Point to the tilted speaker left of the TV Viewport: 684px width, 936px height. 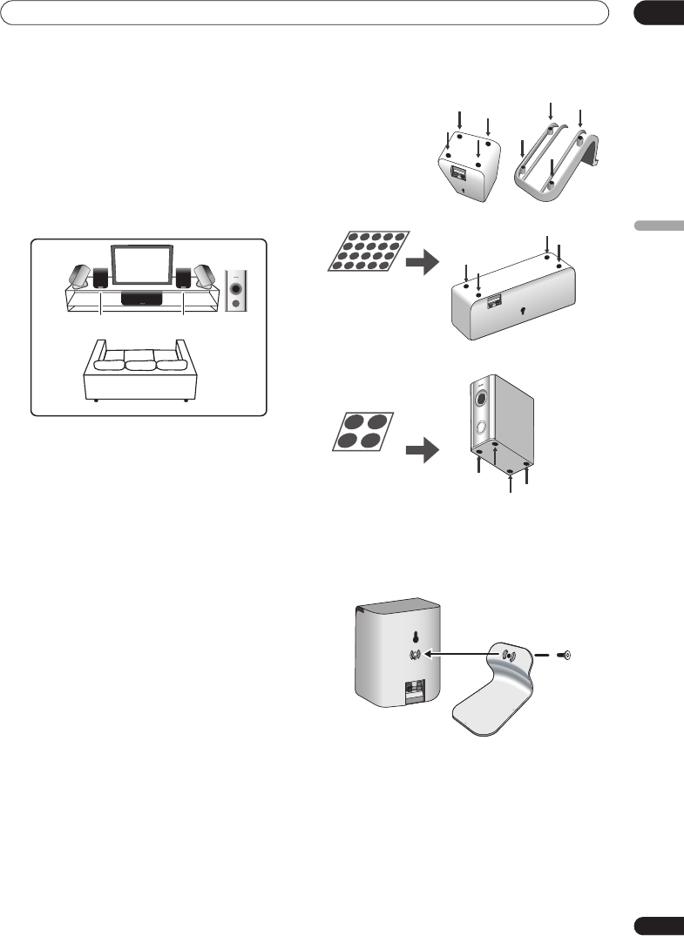[78, 277]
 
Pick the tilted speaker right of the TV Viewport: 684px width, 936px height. [206, 277]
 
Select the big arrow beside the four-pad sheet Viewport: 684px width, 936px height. [425, 453]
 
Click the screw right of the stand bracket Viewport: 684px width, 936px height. [565, 655]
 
